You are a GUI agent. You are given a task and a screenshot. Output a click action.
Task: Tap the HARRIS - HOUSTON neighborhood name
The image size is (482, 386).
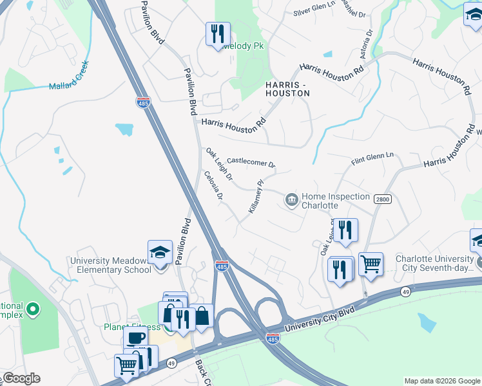tap(287, 89)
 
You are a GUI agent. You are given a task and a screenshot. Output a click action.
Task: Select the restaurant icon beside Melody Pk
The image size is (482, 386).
tap(218, 33)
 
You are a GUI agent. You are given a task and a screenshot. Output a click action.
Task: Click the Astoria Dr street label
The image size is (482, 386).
tap(369, 42)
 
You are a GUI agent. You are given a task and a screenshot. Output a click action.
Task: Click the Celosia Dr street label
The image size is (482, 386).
tap(214, 185)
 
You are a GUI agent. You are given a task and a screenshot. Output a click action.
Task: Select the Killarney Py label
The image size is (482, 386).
tap(256, 197)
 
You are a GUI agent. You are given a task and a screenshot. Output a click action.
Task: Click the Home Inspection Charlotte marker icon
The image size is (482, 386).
tap(291, 201)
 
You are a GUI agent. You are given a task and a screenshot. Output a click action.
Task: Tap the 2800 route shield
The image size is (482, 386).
tap(382, 199)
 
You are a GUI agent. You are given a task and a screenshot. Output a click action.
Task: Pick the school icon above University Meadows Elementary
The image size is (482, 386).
tap(160, 252)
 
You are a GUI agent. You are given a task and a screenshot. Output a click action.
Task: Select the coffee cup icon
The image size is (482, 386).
tap(136, 338)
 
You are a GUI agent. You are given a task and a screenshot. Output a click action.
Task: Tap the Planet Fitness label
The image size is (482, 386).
tap(131, 326)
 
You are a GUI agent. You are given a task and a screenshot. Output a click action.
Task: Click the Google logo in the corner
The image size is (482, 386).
tap(21, 378)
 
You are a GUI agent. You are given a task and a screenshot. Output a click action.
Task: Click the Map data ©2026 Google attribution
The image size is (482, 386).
tap(441, 381)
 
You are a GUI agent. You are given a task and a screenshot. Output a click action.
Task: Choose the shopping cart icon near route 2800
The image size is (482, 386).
tap(371, 264)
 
